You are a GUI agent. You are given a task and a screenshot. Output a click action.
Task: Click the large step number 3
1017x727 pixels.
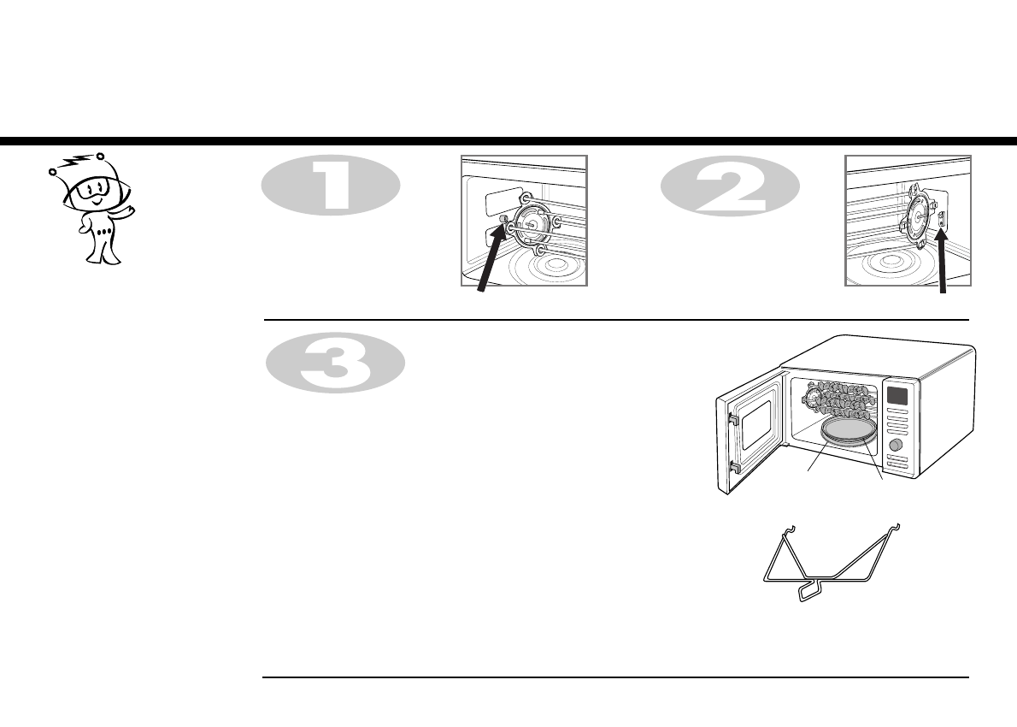[x=332, y=363]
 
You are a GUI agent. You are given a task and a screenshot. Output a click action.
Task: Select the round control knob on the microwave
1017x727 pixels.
[x=896, y=446]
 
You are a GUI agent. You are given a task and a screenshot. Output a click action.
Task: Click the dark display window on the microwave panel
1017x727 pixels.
[x=896, y=396]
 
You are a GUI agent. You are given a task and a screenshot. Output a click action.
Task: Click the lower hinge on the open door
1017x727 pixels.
[x=732, y=468]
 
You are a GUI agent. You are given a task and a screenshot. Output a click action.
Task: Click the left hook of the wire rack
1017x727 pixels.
[x=791, y=530]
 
